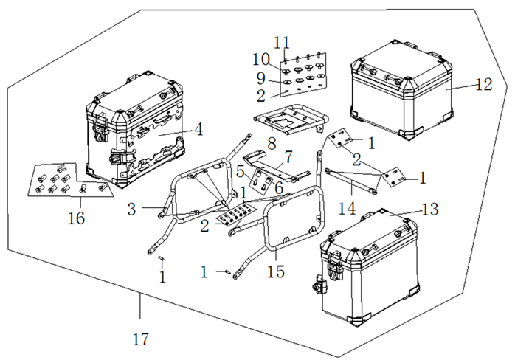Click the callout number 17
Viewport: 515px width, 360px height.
tap(141, 339)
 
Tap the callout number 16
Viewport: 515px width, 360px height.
tap(76, 218)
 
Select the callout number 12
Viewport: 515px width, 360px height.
tap(484, 84)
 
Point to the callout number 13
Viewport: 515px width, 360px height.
tap(429, 209)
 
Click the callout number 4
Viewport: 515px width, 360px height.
tap(198, 129)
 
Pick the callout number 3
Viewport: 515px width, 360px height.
tap(132, 209)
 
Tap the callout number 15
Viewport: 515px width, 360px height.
tap(276, 271)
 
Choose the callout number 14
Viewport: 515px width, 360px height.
tap(348, 208)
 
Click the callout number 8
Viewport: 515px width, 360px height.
tap(272, 143)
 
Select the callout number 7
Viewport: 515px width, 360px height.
tap(288, 157)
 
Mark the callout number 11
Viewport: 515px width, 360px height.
tap(282, 43)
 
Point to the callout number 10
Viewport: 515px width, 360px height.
tap(261, 60)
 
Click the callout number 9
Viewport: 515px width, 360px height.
tap(260, 78)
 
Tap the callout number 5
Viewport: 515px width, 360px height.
tap(241, 171)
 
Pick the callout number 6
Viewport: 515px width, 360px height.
tap(278, 188)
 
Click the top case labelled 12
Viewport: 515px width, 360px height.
tap(402, 90)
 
